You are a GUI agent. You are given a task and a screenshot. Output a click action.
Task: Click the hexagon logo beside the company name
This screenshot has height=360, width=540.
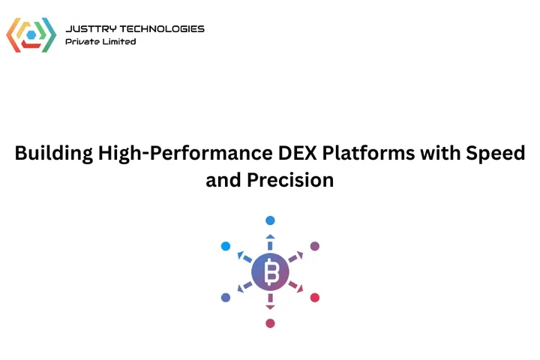click(31, 34)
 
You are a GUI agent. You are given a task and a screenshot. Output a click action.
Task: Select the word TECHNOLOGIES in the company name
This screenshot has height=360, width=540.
click(160, 28)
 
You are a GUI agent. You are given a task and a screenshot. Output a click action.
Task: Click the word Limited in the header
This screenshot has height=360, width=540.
click(121, 42)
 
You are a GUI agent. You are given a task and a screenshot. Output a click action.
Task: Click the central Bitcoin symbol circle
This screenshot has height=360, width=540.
click(270, 271)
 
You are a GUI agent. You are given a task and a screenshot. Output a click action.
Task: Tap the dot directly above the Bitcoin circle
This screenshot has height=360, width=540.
click(270, 220)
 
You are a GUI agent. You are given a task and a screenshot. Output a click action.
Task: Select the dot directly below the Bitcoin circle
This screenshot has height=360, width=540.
click(270, 323)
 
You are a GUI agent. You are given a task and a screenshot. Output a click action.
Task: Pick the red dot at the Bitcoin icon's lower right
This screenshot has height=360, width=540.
click(315, 298)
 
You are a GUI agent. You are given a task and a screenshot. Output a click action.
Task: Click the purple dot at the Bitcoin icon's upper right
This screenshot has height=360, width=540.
click(315, 246)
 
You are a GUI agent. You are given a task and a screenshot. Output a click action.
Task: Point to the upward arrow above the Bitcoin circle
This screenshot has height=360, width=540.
click(270, 238)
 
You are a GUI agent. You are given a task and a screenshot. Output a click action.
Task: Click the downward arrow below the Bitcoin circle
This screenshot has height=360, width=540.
click(270, 306)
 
